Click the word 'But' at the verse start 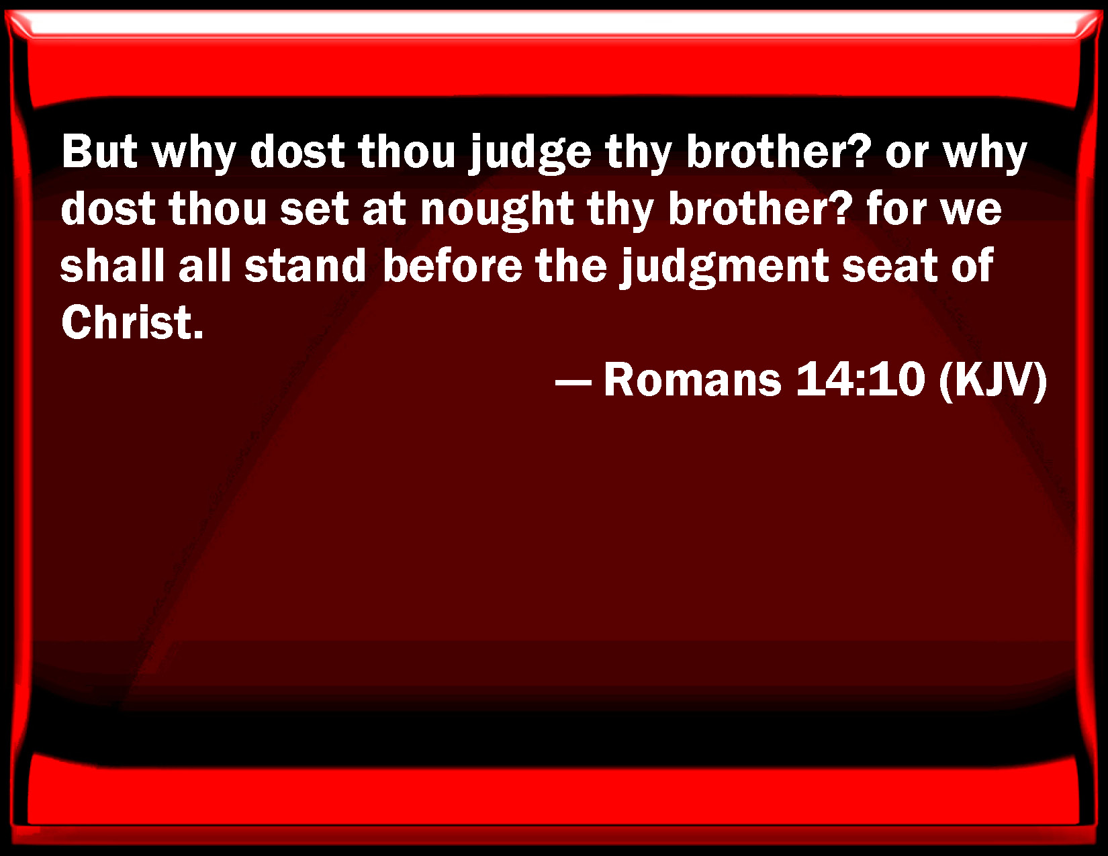[99, 152]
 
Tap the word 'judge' [530, 155]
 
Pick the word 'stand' [306, 265]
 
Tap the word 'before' [453, 265]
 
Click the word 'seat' [889, 267]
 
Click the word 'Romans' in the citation [692, 379]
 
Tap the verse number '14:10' [860, 379]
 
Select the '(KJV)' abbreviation [992, 381]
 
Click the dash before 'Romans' [573, 382]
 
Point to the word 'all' [205, 265]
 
